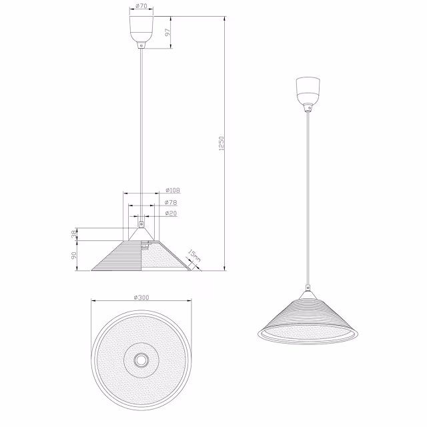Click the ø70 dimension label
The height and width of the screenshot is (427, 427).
[x=141, y=6]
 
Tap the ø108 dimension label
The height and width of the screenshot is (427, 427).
[x=172, y=190]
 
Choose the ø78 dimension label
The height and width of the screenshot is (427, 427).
[x=171, y=202]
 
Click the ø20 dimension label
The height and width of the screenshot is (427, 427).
[x=171, y=213]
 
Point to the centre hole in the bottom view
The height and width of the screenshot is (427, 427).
[x=141, y=360]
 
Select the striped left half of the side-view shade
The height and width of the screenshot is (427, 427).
[x=120, y=258]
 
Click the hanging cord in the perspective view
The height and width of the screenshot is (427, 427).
[x=307, y=200]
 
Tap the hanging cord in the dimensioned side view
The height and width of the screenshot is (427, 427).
[x=141, y=133]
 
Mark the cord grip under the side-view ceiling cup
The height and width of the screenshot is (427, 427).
[x=141, y=46]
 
